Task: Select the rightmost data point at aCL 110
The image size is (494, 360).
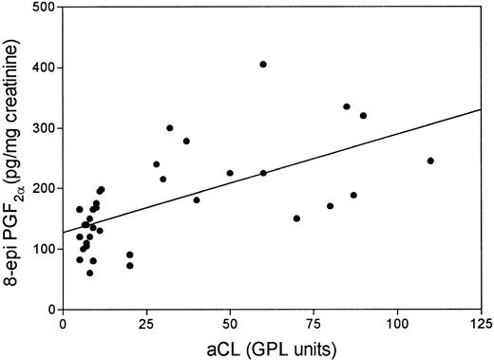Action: (x=430, y=161)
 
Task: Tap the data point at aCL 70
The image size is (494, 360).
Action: (x=296, y=218)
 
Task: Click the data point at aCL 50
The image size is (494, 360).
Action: (x=230, y=173)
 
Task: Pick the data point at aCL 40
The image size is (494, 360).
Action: (x=197, y=199)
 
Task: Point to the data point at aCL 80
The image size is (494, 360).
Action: (x=330, y=206)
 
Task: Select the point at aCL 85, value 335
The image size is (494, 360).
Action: (x=347, y=107)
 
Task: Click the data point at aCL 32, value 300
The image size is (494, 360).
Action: (x=170, y=128)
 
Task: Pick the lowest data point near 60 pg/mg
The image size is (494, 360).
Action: (x=89, y=273)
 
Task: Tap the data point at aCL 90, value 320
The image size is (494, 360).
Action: (x=363, y=116)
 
